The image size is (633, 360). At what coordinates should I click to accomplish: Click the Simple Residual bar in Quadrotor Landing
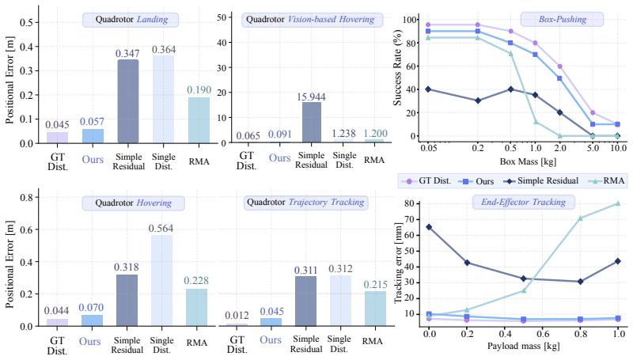pos(128,101)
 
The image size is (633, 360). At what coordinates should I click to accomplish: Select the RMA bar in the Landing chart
pos(199,120)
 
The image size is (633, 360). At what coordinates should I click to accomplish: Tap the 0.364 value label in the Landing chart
pos(164,50)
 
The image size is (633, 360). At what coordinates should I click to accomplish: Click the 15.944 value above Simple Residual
pos(311,97)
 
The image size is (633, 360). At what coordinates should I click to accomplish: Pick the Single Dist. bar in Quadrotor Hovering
pos(161,281)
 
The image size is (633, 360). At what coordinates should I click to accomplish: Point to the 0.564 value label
pos(161,229)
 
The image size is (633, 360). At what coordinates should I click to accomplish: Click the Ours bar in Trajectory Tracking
pos(271,322)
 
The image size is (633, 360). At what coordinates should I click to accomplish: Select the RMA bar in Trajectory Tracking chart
pos(375,309)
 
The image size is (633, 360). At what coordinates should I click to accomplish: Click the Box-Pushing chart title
pos(563,19)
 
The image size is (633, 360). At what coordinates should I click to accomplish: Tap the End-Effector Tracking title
pos(523,202)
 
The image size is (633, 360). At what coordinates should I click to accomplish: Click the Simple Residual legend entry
pos(541,181)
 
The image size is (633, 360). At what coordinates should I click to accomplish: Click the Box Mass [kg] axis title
pos(528,162)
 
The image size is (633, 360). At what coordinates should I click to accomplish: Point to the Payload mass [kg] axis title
pos(523,346)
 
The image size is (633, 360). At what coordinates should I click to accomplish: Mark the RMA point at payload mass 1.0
pos(618,203)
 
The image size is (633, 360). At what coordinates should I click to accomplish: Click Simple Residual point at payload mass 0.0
pos(429,227)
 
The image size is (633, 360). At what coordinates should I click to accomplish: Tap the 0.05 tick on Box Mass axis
pos(429,148)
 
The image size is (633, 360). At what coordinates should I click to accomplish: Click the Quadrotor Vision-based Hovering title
pos(310,19)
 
